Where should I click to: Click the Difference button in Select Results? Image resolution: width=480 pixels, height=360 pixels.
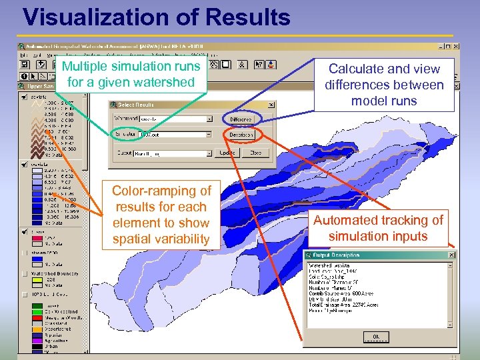241,119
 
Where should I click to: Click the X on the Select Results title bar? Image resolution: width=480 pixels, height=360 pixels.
271,105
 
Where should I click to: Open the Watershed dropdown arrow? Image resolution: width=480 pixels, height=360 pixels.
208,119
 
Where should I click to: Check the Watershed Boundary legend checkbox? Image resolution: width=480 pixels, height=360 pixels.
25,274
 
